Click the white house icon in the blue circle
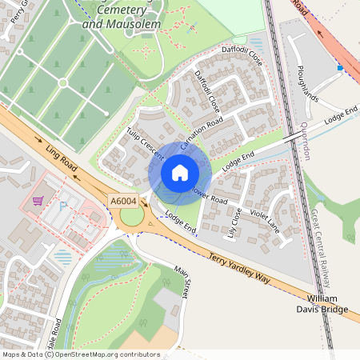coord(180,173)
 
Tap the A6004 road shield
coord(124,202)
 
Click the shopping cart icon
coord(37,202)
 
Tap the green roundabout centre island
coord(131,217)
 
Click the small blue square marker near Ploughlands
coord(340,69)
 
